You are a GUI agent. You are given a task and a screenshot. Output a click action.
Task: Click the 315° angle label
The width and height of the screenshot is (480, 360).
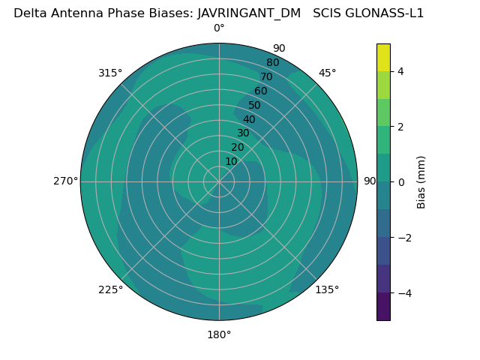coord(109,73)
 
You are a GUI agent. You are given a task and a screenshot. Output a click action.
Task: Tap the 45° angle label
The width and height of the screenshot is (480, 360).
coord(327,73)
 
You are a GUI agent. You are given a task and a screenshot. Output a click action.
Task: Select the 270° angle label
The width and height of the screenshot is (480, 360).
coord(65,181)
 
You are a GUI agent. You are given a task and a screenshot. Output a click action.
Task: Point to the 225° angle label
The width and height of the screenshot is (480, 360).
coord(110,290)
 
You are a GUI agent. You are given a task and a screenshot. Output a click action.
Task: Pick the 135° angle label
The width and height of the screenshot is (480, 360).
coord(327,289)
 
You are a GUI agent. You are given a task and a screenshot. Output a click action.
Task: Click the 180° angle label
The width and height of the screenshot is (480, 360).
coord(219,334)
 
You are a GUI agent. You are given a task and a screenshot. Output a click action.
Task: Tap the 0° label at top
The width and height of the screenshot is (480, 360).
coord(219,28)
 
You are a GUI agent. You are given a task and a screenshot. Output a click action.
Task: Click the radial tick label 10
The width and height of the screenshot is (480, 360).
coord(231,161)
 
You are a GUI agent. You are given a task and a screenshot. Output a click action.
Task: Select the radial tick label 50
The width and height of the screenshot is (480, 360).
coord(255,106)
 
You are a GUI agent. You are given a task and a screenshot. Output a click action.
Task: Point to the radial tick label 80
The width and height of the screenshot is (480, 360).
coord(272,63)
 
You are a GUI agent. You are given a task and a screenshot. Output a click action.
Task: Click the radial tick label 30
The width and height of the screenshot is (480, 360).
coord(243,133)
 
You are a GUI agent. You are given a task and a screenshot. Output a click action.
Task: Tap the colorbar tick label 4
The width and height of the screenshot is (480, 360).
coord(401,71)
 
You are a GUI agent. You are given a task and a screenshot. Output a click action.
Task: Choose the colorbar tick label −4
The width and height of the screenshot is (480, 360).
coord(401,293)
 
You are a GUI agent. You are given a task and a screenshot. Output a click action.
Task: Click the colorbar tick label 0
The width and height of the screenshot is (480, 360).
coord(401,182)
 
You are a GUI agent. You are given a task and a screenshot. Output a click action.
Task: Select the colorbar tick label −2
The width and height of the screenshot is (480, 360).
coord(401,238)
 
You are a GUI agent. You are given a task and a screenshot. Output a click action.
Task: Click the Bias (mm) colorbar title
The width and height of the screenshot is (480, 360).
coord(421,181)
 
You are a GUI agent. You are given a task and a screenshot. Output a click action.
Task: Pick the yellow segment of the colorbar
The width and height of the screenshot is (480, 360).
coord(383,58)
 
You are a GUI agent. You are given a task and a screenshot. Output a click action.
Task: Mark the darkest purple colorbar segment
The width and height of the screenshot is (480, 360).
coord(383,307)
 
